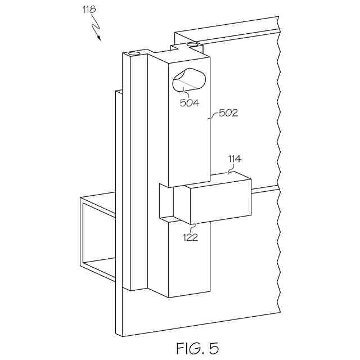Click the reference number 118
coord(88,10)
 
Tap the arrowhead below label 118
coord(100,38)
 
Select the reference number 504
coord(189,102)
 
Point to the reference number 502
coord(229,112)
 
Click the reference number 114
coord(235,159)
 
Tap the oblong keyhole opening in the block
coord(189,79)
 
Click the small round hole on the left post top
coord(134,53)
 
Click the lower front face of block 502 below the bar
coord(189,259)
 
